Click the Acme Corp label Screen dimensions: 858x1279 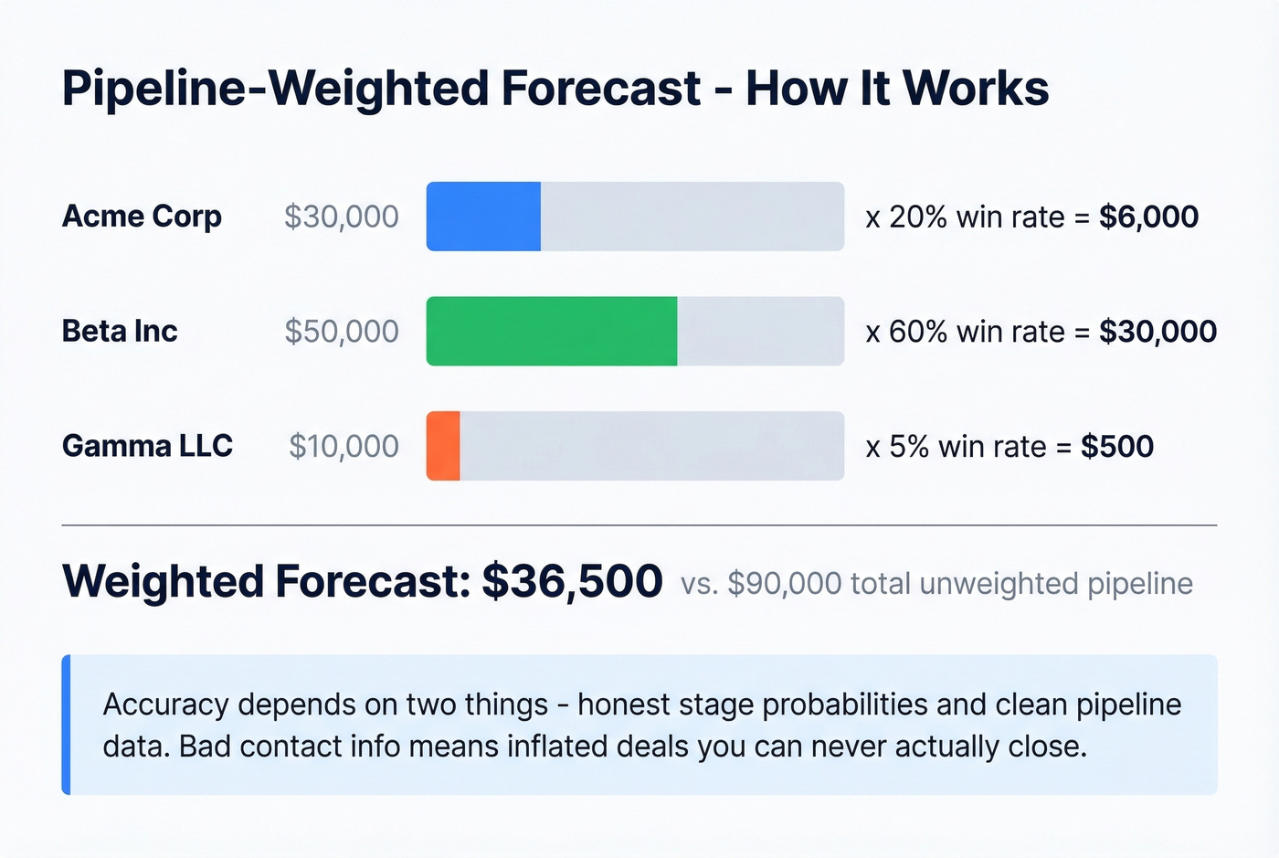(x=142, y=217)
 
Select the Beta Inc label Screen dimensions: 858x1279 (x=120, y=331)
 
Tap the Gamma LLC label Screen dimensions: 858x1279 (x=147, y=446)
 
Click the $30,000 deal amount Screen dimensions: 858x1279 (x=341, y=217)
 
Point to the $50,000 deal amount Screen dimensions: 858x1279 (x=341, y=331)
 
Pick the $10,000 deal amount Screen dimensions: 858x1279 (x=344, y=446)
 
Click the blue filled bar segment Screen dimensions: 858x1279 (x=483, y=217)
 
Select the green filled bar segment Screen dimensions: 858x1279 (x=552, y=331)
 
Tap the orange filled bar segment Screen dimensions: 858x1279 (x=443, y=446)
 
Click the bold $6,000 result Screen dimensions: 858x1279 (x=1148, y=217)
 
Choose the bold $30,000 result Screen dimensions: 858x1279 (x=1157, y=331)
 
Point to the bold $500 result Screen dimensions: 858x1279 (x=1116, y=446)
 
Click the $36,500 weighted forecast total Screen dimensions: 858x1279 (x=572, y=581)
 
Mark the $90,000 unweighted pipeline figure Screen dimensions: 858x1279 (x=784, y=584)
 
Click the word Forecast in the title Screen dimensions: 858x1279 (x=601, y=89)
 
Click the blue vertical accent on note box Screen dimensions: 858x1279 (x=66, y=725)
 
